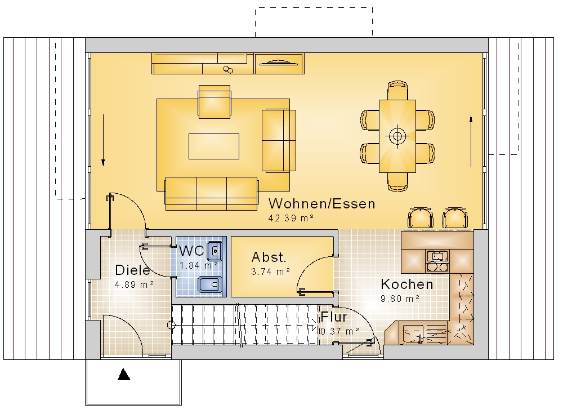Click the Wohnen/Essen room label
pyautogui.click(x=321, y=204)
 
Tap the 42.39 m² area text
pyautogui.click(x=291, y=218)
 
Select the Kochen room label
pyautogui.click(x=407, y=284)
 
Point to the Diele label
pyautogui.click(x=132, y=270)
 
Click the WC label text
pyautogui.click(x=191, y=251)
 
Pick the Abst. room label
pyautogui.click(x=269, y=257)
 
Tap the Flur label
pyautogui.click(x=333, y=317)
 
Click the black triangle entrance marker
pyautogui.click(x=124, y=374)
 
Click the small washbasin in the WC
pyautogui.click(x=215, y=251)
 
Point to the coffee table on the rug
pyautogui.click(x=214, y=146)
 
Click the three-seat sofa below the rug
pyautogui.click(x=212, y=193)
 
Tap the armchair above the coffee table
pyautogui.click(x=215, y=101)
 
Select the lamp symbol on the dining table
pyautogui.click(x=397, y=136)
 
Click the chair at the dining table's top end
pyautogui.click(x=397, y=90)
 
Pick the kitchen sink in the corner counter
pyautogui.click(x=413, y=333)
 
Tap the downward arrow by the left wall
pyautogui.click(x=103, y=140)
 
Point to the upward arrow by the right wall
pyautogui.click(x=471, y=141)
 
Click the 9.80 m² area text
pyautogui.click(x=400, y=299)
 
